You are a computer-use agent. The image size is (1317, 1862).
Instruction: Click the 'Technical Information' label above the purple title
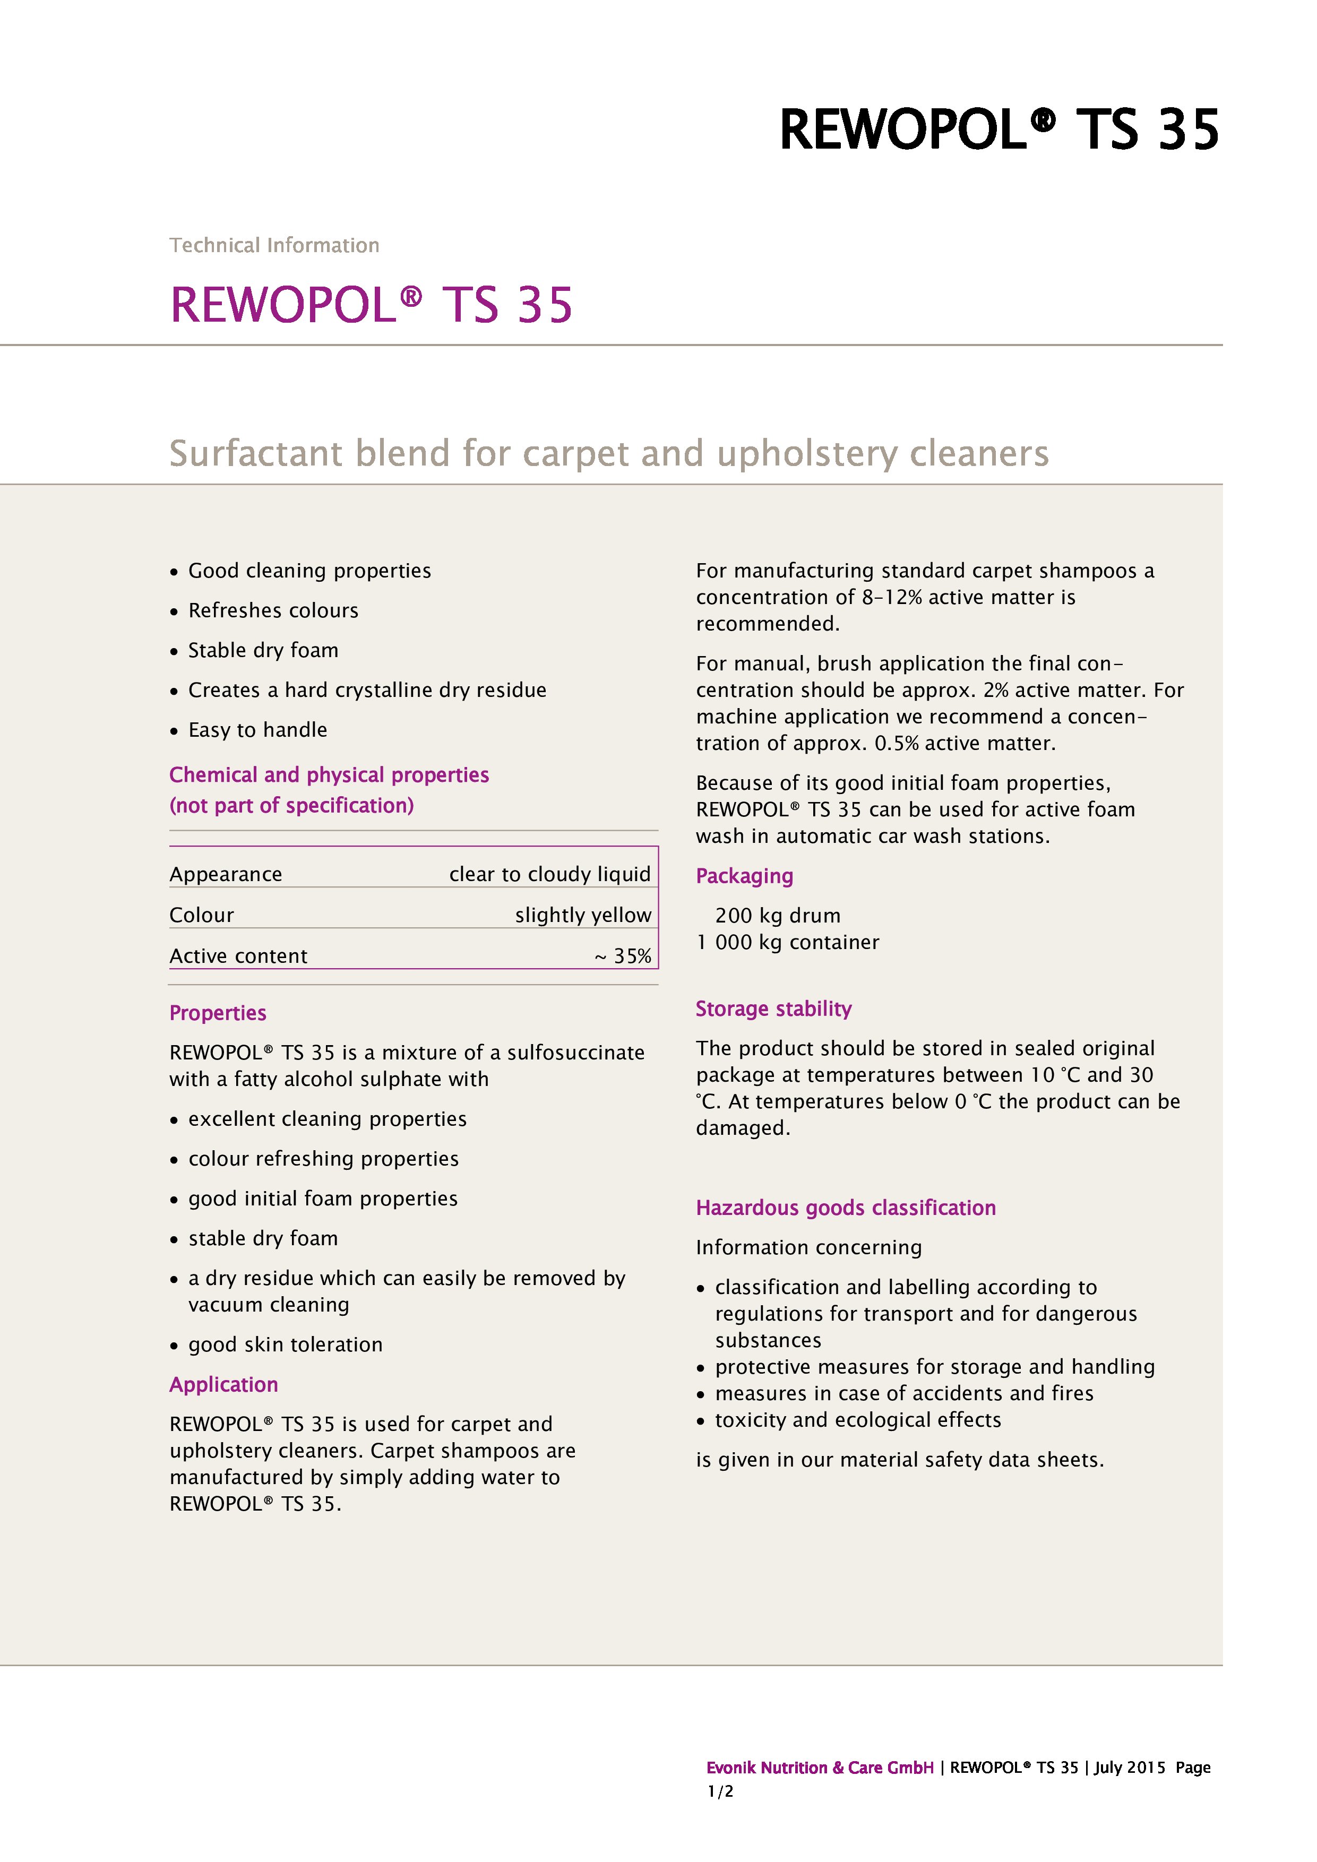274,245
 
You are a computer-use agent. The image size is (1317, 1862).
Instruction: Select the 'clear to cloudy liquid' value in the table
550,874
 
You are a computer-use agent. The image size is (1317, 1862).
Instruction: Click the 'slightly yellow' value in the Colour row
582,915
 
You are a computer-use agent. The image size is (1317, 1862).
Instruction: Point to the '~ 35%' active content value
623,956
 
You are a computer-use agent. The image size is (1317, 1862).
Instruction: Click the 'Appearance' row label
226,874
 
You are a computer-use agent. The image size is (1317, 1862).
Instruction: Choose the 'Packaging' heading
744,876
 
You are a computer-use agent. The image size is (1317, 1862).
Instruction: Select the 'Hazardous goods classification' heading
845,1208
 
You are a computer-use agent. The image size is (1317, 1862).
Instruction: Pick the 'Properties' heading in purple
217,1013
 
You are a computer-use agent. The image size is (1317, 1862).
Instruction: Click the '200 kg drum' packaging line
777,916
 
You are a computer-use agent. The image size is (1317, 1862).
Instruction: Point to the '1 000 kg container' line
787,942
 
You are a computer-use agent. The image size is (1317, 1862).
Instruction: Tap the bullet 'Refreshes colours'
272,610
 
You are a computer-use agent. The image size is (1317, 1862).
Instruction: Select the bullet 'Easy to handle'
257,730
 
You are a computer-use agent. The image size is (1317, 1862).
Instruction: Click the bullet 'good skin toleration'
285,1344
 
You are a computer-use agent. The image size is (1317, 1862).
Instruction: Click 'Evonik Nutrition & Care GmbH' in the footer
819,1768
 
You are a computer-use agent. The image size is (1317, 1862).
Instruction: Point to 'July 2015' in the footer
1129,1768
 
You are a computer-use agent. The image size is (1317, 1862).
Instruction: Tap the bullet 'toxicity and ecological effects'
857,1420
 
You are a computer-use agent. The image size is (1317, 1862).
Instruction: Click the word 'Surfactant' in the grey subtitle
255,453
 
